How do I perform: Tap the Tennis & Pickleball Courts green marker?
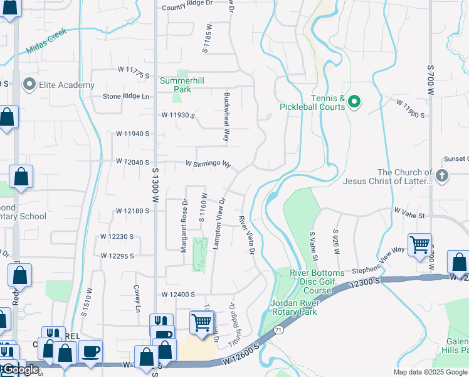click(x=354, y=101)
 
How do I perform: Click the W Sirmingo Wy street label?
click(x=208, y=164)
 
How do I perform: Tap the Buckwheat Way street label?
click(x=227, y=117)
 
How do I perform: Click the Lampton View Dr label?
click(x=219, y=224)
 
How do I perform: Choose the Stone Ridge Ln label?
click(x=127, y=97)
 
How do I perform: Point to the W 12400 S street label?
click(x=178, y=294)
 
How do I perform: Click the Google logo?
click(x=21, y=369)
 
